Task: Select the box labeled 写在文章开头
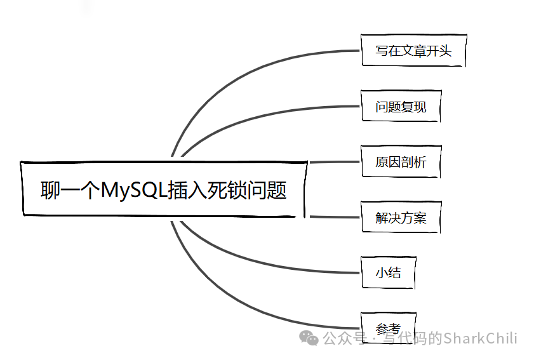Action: coord(413,51)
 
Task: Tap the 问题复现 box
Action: coord(400,107)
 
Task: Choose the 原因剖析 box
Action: coord(400,162)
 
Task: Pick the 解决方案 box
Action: coord(400,218)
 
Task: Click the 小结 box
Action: coord(388,273)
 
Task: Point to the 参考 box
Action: coord(388,328)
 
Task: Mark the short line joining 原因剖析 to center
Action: coord(334,162)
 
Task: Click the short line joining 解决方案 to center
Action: coord(334,217)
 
